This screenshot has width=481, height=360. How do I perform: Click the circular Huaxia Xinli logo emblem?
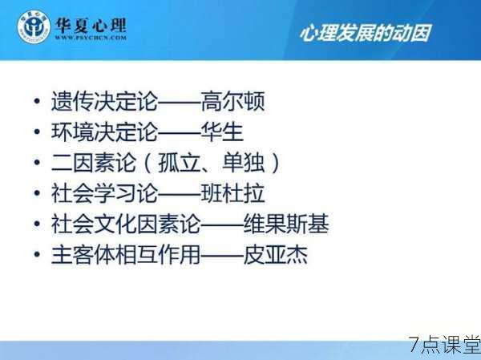coord(34,27)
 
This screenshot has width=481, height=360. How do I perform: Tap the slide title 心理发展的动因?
coord(365,33)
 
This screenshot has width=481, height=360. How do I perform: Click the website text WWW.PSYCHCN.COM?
coord(91,38)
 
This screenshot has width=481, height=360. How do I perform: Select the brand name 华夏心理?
coord(91,25)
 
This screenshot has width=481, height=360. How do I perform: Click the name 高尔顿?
coord(232,101)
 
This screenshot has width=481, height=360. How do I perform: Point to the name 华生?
coord(222,131)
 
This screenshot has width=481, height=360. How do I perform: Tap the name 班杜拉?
coord(232,193)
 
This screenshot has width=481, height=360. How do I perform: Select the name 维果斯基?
coord(286,224)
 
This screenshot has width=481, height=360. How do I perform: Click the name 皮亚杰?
coord(276,254)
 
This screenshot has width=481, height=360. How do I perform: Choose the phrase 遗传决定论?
coord(104,101)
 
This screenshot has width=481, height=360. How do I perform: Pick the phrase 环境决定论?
coord(104,131)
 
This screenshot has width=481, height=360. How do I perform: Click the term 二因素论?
coord(94,162)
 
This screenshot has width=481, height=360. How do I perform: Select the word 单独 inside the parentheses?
coord(243,162)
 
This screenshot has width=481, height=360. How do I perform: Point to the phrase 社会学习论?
coord(104,193)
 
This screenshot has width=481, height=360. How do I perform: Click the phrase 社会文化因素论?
coord(126,224)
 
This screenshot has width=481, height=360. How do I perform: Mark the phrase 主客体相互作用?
coord(126,254)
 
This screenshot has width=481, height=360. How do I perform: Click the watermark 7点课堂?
coord(444,345)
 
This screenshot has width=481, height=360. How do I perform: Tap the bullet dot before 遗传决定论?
coord(37,101)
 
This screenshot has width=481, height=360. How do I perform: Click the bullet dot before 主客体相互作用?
coord(37,254)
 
